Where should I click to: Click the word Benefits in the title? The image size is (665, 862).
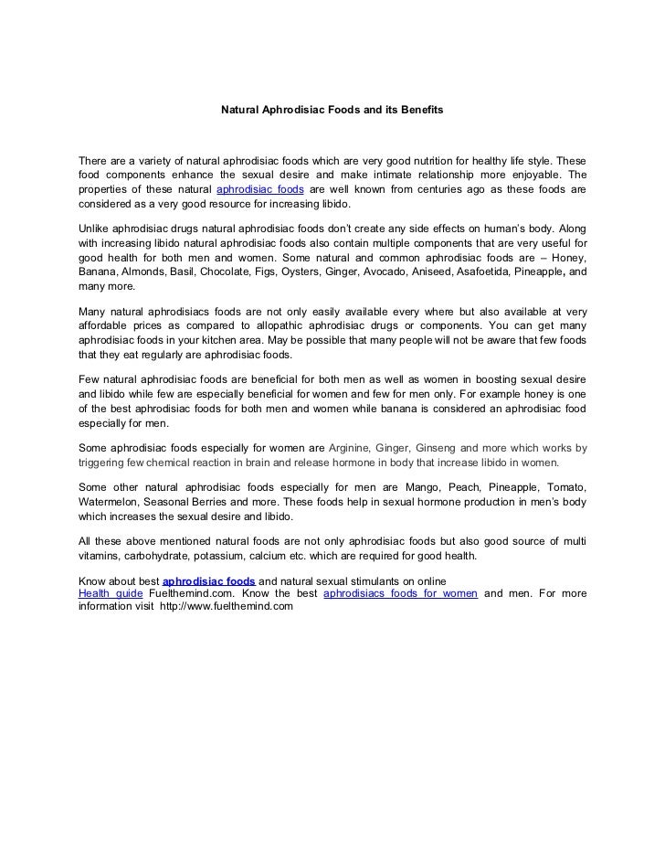pos(419,110)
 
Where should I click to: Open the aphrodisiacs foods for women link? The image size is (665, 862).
pos(401,594)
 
